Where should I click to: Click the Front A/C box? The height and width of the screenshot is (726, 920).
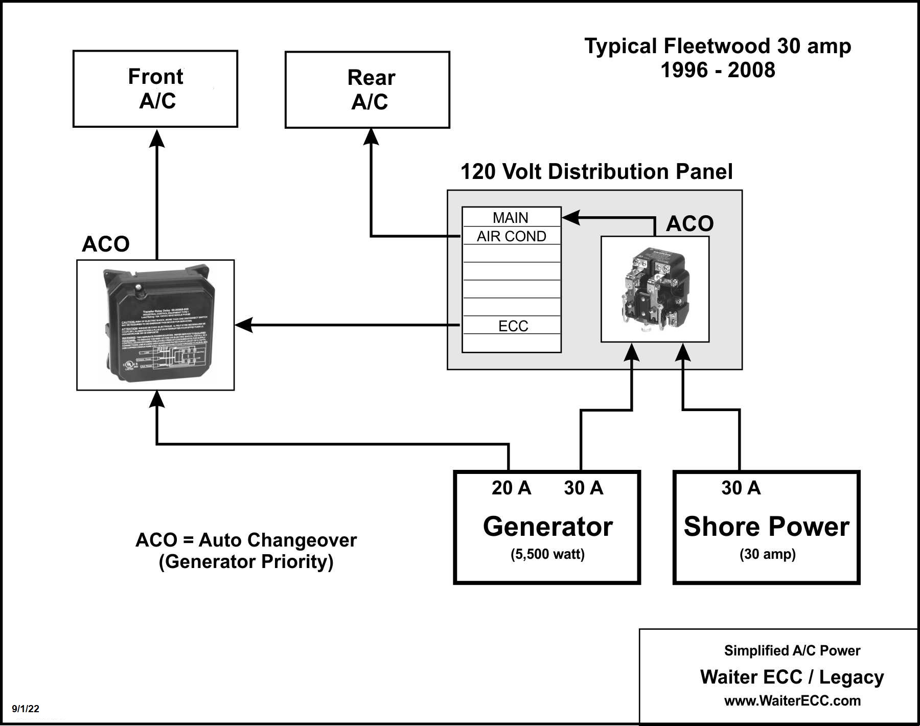click(155, 88)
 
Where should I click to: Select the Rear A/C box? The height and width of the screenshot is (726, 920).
click(367, 89)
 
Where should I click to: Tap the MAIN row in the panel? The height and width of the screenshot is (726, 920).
click(511, 218)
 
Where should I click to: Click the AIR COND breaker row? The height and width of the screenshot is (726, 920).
click(511, 236)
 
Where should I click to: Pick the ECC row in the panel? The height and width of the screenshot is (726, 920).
click(512, 326)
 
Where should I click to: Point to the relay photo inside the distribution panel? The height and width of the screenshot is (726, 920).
click(655, 289)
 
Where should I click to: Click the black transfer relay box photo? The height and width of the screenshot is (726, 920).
click(156, 325)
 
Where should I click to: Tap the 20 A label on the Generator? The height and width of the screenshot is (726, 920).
click(511, 488)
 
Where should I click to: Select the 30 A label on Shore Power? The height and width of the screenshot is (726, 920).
click(741, 488)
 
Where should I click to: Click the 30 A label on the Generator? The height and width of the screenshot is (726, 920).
click(583, 488)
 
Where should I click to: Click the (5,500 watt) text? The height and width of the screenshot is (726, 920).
click(547, 554)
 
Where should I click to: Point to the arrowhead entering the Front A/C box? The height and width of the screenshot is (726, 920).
click(157, 139)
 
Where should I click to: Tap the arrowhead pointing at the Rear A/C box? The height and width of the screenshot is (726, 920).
click(371, 137)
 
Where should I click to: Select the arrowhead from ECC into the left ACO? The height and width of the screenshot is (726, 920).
click(244, 325)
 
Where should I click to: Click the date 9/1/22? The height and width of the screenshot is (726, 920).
click(26, 709)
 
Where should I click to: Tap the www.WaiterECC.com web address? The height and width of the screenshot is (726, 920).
click(792, 700)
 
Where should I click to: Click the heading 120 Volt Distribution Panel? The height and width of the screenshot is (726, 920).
click(596, 172)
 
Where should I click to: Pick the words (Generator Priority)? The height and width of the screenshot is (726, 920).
click(246, 562)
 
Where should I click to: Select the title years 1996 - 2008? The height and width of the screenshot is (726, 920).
click(718, 70)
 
